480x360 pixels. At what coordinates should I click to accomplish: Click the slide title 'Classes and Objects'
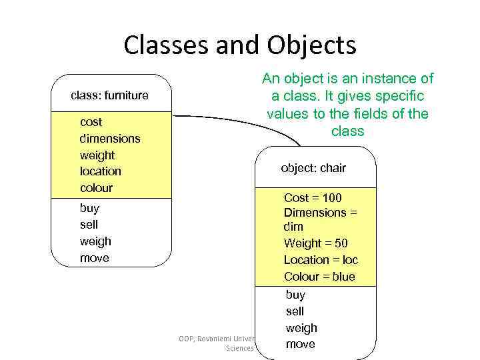(240, 46)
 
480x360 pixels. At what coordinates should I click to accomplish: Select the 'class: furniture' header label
(109, 95)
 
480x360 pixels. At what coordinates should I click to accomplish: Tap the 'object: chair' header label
(313, 168)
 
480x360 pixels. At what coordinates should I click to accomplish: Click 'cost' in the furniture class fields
(91, 122)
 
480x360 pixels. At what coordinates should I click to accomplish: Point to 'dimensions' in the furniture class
(110, 139)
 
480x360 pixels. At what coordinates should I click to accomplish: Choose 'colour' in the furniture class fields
(96, 188)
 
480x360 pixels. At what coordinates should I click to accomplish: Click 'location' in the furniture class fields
(100, 171)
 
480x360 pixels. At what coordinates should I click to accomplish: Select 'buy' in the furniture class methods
(89, 208)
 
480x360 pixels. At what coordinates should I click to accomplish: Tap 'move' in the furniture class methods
(94, 258)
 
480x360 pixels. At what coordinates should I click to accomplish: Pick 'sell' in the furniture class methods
(89, 225)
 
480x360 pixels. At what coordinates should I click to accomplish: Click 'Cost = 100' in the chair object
(313, 198)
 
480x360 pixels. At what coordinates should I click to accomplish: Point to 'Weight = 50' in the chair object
(315, 243)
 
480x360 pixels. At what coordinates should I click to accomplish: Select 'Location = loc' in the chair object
(321, 260)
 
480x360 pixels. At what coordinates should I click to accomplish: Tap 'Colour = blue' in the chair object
(319, 277)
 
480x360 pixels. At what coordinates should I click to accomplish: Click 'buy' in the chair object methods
(295, 295)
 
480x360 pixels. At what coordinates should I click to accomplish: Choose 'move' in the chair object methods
(300, 344)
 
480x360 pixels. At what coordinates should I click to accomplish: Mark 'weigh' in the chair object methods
(301, 328)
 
